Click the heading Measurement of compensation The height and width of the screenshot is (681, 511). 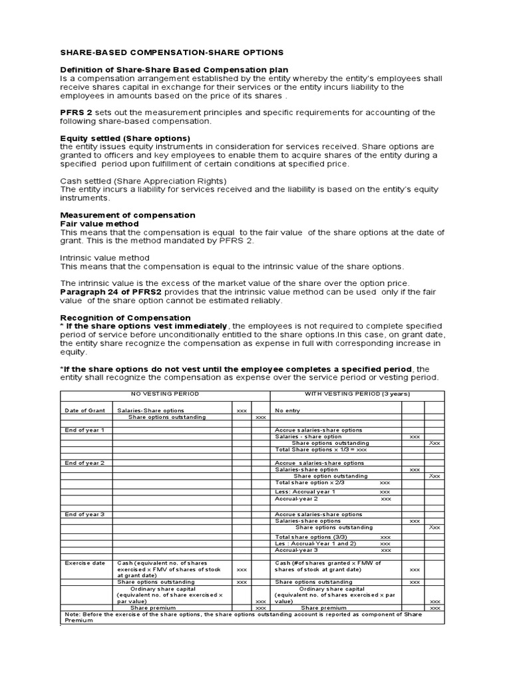tap(128, 215)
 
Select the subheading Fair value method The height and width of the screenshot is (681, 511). tap(100, 223)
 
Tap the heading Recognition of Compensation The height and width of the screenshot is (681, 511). tap(125, 317)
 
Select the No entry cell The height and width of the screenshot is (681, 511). tap(288, 410)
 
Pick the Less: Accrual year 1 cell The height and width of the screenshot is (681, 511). tap(305, 491)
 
